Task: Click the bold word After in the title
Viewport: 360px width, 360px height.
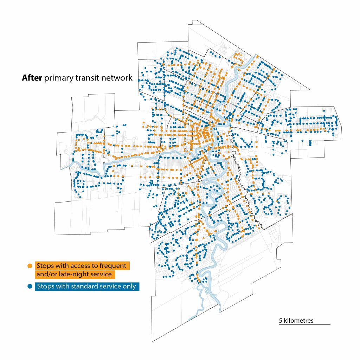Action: (32, 78)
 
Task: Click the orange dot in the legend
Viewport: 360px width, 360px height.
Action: (30, 266)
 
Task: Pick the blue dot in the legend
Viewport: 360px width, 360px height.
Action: (30, 286)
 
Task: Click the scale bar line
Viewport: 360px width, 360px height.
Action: (304, 324)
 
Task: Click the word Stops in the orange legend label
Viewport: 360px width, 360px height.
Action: (45, 265)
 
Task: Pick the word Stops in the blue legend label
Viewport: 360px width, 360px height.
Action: (45, 287)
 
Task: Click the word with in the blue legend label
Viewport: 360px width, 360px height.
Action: (63, 287)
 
